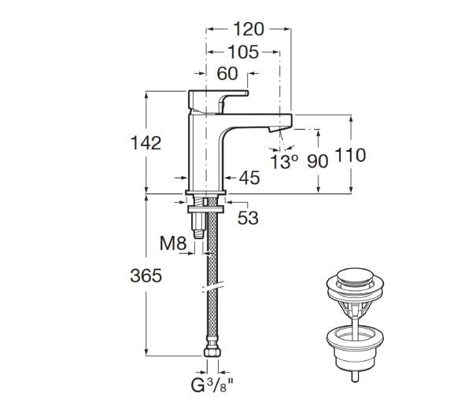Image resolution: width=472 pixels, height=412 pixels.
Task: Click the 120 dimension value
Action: pos(249,30)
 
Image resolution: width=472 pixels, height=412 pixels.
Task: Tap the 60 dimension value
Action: pos(227,74)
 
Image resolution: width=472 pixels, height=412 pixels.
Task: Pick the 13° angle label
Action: pos(284,161)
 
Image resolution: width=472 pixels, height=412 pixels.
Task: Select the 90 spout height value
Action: pos(317,160)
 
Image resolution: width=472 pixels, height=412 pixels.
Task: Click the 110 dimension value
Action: pos(350,156)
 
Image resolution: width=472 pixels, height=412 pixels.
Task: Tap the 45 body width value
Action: pos(249,178)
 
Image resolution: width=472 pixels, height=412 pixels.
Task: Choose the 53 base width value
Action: pos(248,218)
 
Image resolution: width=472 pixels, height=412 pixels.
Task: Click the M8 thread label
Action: pos(172,244)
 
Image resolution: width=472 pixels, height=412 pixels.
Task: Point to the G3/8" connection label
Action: pos(212,385)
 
